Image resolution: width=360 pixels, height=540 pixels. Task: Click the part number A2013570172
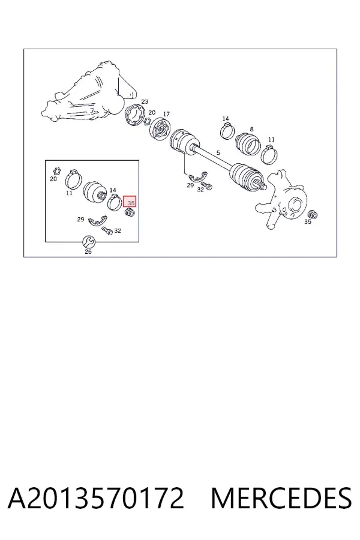[96, 498]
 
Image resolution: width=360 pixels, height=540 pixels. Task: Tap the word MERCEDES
[281, 498]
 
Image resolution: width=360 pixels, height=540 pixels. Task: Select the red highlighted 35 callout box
[130, 202]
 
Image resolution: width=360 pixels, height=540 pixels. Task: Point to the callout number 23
[145, 101]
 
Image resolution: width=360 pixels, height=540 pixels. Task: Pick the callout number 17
[166, 114]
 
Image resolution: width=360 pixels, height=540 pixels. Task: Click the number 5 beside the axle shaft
[218, 152]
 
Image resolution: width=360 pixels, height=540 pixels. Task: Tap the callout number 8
[252, 129]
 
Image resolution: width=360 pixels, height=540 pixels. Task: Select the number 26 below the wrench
[88, 252]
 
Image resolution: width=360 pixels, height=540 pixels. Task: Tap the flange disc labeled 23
[135, 116]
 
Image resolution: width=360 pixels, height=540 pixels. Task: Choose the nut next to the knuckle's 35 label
[313, 214]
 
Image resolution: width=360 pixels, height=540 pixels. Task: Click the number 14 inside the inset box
[113, 190]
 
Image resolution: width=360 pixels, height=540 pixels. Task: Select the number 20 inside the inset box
[53, 179]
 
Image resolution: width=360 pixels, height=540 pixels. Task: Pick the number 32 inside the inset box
[118, 230]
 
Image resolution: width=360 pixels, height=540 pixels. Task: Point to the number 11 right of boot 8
[271, 139]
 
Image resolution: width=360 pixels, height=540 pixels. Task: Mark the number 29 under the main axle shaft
[190, 185]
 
